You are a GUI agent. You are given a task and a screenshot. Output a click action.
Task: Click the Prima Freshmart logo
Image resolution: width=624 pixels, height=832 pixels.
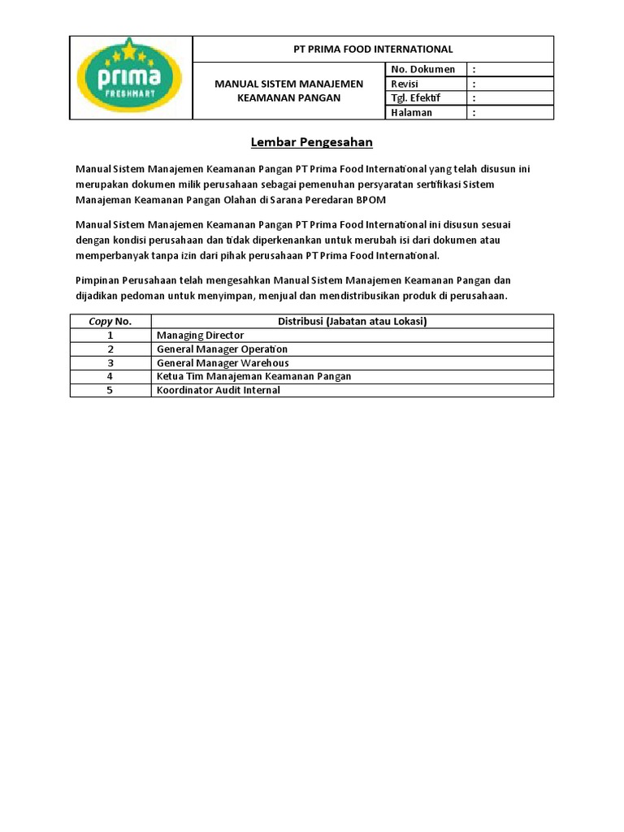point(130,78)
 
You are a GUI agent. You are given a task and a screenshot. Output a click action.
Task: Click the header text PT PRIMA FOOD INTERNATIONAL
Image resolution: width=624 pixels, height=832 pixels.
point(373,50)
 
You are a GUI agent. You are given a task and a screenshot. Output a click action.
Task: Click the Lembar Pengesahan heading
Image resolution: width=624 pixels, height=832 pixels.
point(311,142)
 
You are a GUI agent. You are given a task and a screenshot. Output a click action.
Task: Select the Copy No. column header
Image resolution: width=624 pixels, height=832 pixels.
point(110,321)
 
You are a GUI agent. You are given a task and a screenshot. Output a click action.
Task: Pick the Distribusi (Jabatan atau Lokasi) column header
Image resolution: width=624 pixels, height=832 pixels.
point(353,321)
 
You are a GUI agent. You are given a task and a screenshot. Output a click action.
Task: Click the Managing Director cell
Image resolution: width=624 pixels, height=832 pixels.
point(200,335)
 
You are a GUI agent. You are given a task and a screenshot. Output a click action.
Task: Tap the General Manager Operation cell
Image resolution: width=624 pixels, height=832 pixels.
point(222,349)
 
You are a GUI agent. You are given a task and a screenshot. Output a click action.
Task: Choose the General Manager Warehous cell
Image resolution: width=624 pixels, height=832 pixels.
point(223,362)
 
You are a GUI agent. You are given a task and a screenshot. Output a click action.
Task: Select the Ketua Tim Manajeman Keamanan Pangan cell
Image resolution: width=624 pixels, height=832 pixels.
point(253,376)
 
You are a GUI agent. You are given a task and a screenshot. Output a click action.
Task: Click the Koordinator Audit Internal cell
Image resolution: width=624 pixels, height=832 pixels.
point(218,390)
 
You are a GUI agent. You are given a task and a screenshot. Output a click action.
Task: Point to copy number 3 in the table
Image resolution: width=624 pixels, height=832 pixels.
point(110,362)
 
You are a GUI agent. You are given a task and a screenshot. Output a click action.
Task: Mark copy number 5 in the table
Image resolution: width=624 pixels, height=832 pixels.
point(110,390)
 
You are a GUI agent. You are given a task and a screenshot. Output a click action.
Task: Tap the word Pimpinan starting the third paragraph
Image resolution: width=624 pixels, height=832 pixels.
point(98,280)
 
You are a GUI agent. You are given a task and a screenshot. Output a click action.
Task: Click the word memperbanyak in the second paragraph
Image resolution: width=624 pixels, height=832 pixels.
point(110,256)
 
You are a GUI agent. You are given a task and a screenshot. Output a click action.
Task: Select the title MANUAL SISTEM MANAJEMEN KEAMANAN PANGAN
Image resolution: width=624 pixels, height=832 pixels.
point(288,90)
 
